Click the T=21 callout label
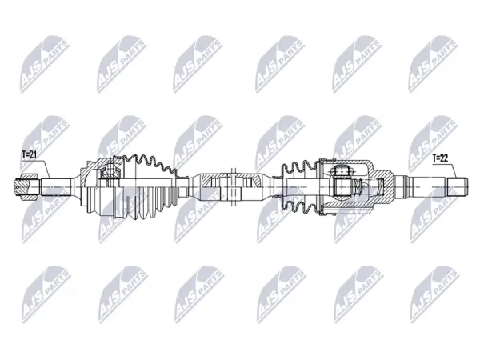click(x=29, y=155)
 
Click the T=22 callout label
click(x=440, y=158)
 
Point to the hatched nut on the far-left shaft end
click(x=26, y=187)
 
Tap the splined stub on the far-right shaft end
click(x=458, y=186)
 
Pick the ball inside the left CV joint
click(x=110, y=170)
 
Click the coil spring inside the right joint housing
click(x=358, y=186)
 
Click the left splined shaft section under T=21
click(x=56, y=187)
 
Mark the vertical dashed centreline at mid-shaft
click(x=233, y=187)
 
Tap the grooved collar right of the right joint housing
click(x=403, y=186)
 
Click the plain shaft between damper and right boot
click(x=270, y=186)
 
